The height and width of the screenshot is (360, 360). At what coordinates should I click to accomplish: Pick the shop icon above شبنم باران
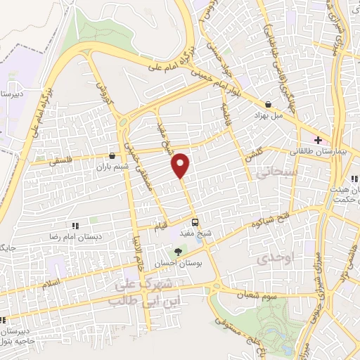[x=112, y=156]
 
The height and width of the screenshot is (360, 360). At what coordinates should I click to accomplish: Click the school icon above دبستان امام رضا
[x=74, y=226]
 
